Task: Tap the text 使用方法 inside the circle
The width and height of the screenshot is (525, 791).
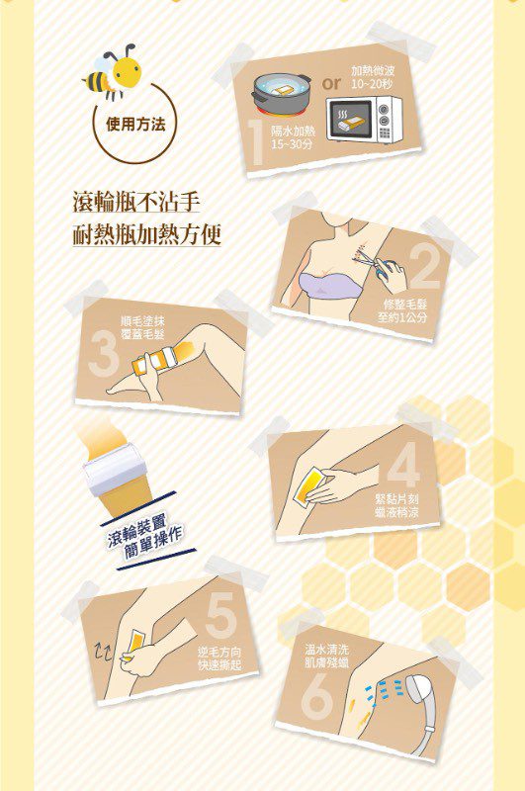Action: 135,124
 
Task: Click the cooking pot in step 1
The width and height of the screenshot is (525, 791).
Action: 282,95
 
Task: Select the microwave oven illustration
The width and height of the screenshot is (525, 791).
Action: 364,119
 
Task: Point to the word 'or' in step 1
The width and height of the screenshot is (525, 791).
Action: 331,84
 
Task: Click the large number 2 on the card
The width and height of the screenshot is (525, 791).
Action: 425,266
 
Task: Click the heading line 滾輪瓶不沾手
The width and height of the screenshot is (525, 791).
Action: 135,201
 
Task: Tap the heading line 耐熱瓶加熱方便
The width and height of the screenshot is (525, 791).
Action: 146,233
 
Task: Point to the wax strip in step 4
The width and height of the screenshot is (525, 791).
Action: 309,484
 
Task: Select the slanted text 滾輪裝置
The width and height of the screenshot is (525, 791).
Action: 136,529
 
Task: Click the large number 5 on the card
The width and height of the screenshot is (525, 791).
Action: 220,615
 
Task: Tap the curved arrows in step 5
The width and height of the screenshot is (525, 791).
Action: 105,654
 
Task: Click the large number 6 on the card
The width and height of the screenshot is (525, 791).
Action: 317,697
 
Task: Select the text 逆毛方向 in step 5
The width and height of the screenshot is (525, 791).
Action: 219,653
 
